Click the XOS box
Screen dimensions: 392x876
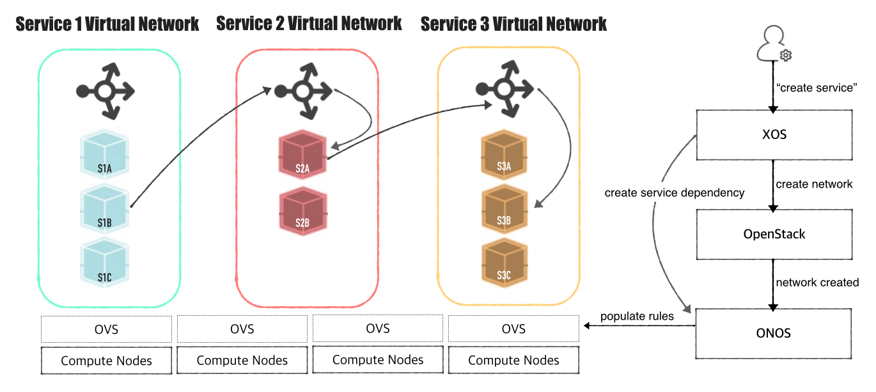[x=774, y=135]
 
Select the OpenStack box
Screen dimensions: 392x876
[x=774, y=234]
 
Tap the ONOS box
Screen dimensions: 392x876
[x=774, y=334]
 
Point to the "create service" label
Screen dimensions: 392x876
[x=815, y=88]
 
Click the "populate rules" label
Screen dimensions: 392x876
[x=637, y=316]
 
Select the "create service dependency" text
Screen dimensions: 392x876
[x=675, y=193]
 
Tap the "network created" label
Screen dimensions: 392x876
[x=817, y=282]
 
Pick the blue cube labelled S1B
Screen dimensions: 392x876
[x=106, y=209]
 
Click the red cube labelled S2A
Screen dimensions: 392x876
[x=302, y=155]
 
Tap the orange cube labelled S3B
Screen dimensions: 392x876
[x=504, y=209]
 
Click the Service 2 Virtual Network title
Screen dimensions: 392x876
[x=309, y=24]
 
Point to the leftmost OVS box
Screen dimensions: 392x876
[x=106, y=329]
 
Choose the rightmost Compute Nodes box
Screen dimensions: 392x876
[x=513, y=361]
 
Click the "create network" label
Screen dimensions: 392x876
[x=814, y=184]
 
